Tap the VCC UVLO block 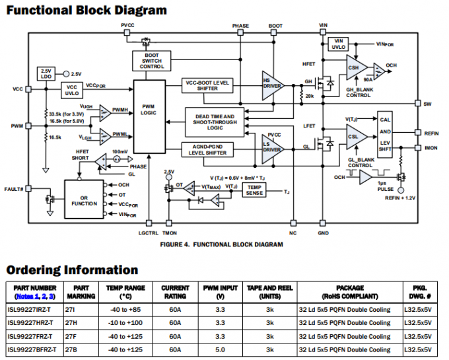[71, 90]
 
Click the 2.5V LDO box [46, 74]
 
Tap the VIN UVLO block [339, 44]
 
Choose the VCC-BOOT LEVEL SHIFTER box [207, 85]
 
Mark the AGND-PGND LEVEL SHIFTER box [207, 150]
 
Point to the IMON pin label [431, 147]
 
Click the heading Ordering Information [72, 270]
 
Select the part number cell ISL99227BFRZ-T [32, 349]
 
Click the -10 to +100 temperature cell [125, 323]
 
